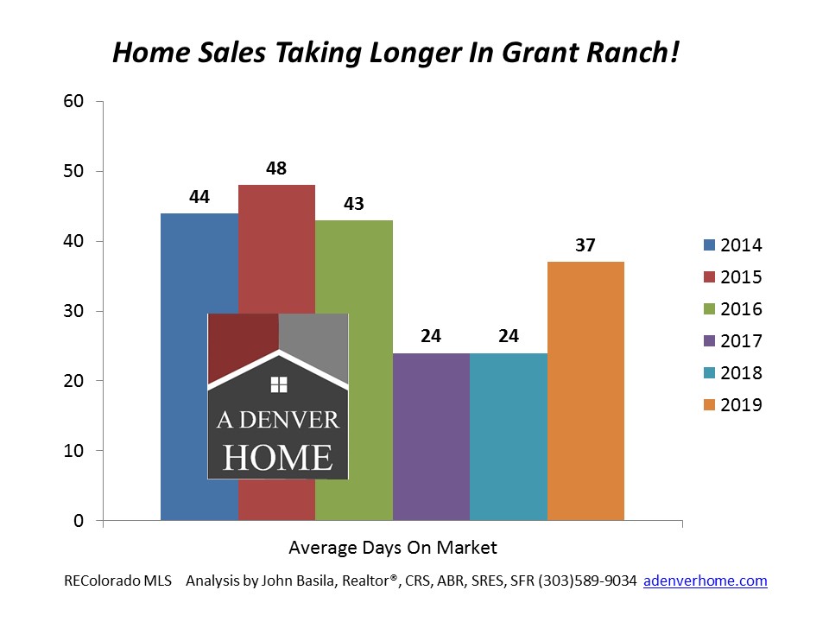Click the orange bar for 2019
click(x=585, y=390)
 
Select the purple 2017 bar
click(x=432, y=437)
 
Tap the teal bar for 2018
click(x=509, y=437)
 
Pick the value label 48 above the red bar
click(x=276, y=168)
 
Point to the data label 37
click(x=585, y=245)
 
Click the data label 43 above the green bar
click(x=354, y=204)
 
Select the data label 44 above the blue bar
click(x=199, y=197)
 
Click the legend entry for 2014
click(x=733, y=245)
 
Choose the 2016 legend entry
click(x=733, y=309)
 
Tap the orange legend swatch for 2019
click(x=709, y=404)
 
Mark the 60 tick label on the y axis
click(x=73, y=101)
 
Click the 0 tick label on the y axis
click(x=79, y=521)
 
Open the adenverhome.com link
click(x=706, y=581)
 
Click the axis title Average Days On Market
click(x=393, y=548)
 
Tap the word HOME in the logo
click(x=278, y=458)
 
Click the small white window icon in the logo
click(x=279, y=384)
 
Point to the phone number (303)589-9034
click(x=587, y=581)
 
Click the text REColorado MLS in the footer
click(x=118, y=581)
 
